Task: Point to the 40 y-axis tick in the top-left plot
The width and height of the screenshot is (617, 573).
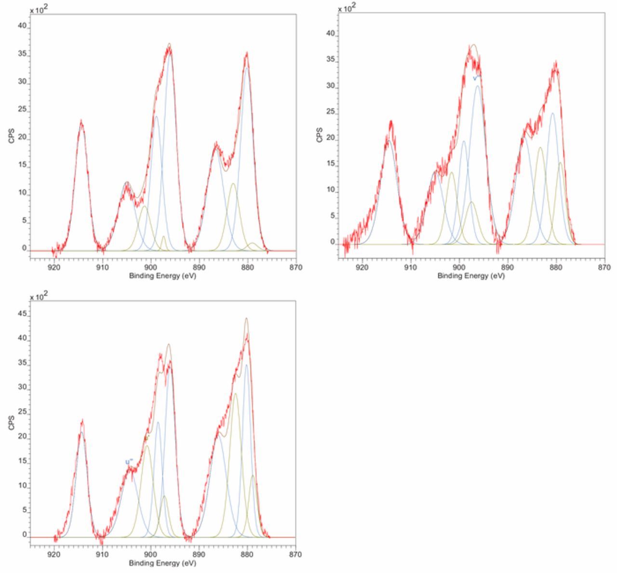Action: pyautogui.click(x=22, y=26)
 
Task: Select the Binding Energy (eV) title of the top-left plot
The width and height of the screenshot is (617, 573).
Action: pyautogui.click(x=162, y=276)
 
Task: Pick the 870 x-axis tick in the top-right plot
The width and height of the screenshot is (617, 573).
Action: pyautogui.click(x=604, y=267)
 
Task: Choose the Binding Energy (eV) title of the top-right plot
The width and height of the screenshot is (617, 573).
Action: pyautogui.click(x=471, y=276)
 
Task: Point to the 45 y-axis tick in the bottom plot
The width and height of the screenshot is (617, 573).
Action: pyautogui.click(x=22, y=313)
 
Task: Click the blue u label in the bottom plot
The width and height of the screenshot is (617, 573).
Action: pyautogui.click(x=129, y=462)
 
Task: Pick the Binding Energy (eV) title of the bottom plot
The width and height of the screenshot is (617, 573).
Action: pyautogui.click(x=162, y=563)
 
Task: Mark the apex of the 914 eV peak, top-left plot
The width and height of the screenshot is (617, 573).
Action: pyautogui.click(x=81, y=122)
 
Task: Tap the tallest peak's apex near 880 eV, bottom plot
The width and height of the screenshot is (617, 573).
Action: pyautogui.click(x=246, y=319)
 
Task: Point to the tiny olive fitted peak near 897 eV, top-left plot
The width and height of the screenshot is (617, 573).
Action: pyautogui.click(x=163, y=237)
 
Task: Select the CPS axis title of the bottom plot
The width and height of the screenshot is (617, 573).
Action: pyautogui.click(x=11, y=423)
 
